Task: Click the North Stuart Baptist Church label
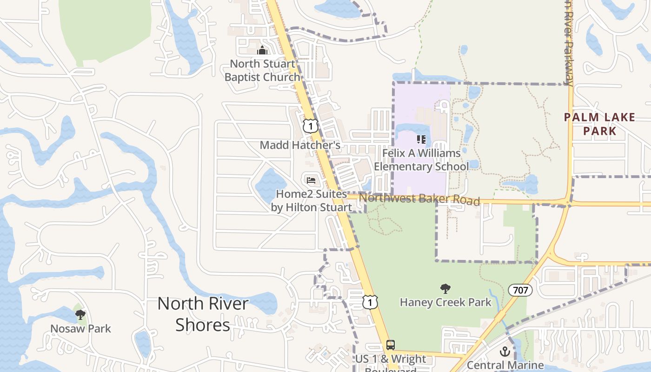point(262,70)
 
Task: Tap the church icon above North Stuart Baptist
point(262,50)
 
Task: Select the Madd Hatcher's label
point(300,145)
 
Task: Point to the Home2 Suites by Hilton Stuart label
point(311,200)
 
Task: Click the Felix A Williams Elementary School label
point(421,159)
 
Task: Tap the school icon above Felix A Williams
point(421,139)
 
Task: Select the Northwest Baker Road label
point(419,199)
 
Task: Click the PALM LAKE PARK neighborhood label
point(599,124)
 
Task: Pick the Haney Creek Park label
point(445,302)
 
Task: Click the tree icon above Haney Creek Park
point(445,289)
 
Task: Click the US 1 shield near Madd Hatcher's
point(310,126)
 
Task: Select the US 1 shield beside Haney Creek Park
point(370,302)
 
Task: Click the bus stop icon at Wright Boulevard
point(391,345)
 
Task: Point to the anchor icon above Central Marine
point(505,352)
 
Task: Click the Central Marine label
point(505,365)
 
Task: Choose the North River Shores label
point(203,314)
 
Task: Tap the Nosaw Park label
point(80,328)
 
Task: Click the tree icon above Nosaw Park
point(80,315)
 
